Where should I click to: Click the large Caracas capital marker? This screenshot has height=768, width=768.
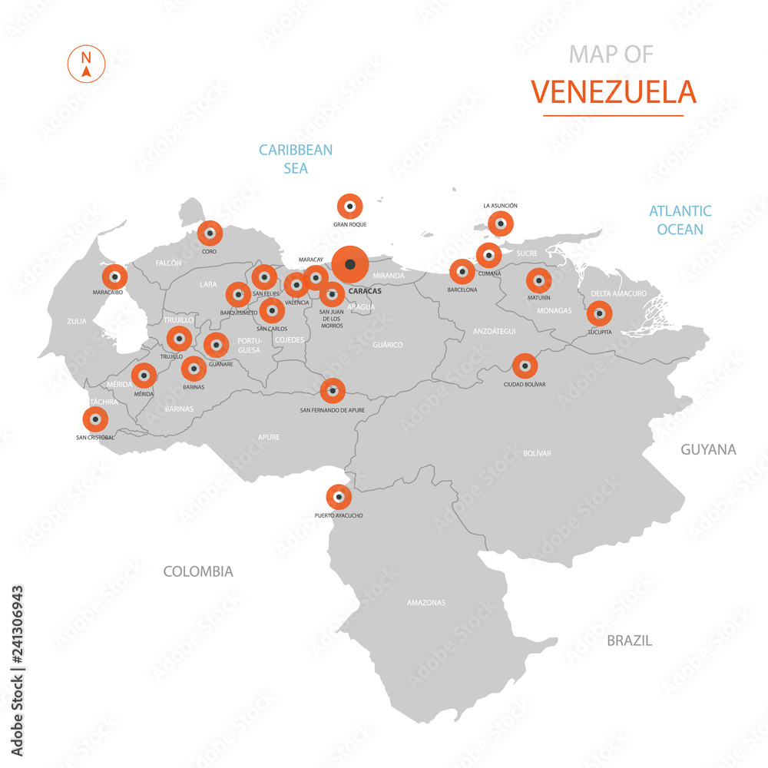350,265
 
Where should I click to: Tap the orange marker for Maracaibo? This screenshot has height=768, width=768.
114,276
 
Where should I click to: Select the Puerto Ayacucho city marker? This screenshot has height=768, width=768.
339,497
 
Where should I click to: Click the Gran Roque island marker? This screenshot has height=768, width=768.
350,206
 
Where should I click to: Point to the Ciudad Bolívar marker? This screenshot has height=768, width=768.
525,366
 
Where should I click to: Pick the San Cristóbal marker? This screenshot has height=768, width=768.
95,419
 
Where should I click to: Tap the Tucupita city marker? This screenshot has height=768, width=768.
599,313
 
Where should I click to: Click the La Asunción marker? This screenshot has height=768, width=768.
501,223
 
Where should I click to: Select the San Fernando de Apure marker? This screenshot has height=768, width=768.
333,391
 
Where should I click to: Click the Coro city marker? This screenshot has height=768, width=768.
210,233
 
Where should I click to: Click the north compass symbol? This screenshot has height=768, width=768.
87,65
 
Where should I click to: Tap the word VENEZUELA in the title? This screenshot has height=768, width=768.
613,91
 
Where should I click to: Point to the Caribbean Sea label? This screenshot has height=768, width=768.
296,159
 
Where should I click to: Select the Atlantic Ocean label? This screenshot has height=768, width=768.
680,220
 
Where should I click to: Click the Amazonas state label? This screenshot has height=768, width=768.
425,603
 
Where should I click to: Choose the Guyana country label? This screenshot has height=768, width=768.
708,449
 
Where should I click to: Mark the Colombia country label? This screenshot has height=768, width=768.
198,571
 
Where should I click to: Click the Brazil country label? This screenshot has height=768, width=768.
629,640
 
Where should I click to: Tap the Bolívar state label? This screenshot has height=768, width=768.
537,453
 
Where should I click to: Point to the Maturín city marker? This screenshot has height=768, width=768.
538,281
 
